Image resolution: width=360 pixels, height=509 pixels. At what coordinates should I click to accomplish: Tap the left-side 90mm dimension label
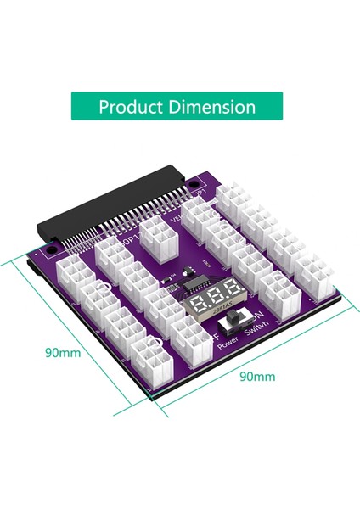coord(63,352)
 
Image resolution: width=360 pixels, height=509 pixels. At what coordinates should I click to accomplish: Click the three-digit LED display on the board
coord(213,307)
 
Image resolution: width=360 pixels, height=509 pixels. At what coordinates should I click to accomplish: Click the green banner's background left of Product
coord(85,108)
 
